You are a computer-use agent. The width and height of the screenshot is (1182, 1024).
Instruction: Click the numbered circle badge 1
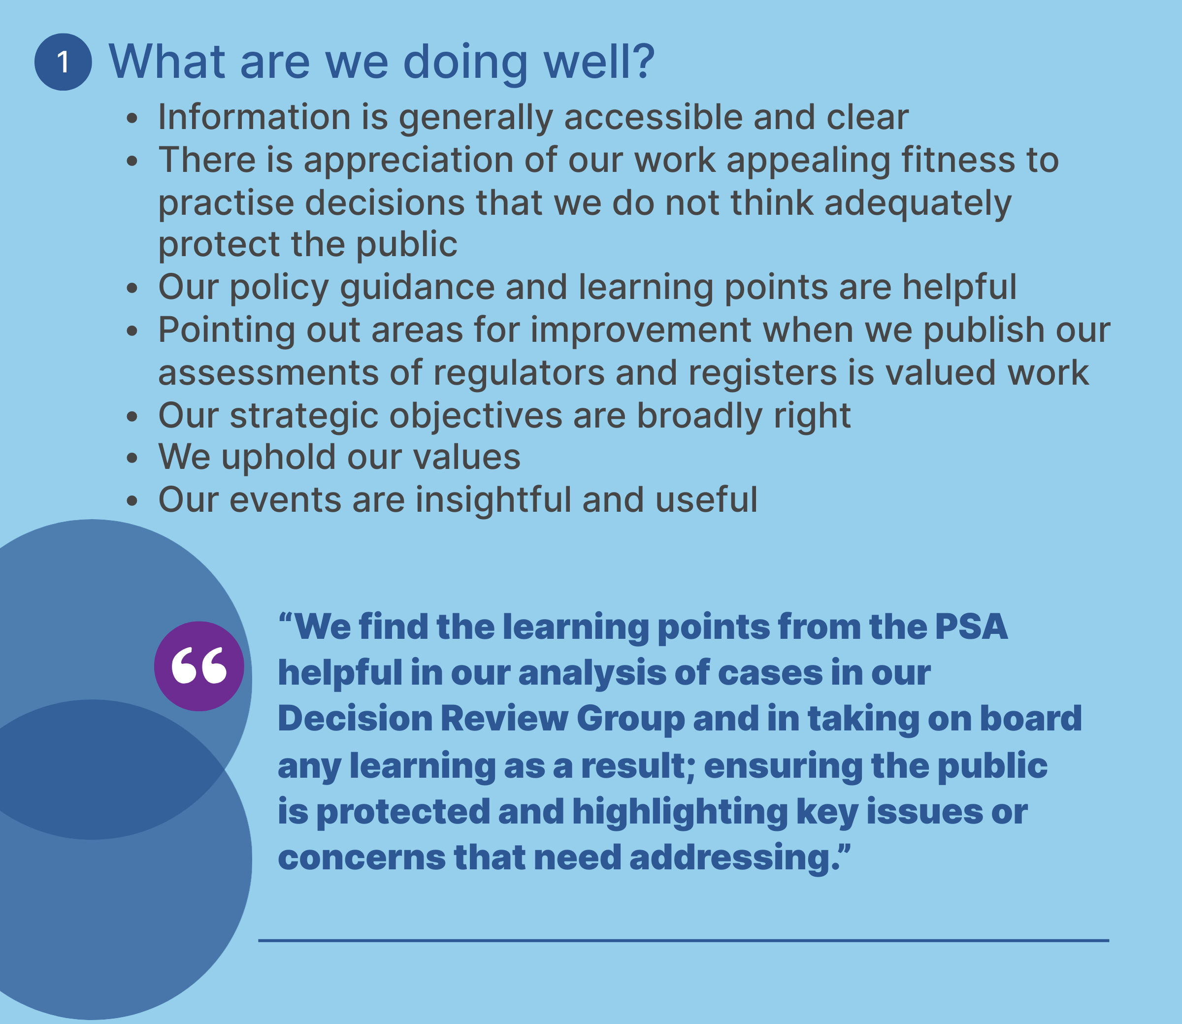click(x=63, y=62)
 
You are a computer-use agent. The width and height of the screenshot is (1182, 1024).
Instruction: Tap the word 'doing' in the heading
click(x=465, y=63)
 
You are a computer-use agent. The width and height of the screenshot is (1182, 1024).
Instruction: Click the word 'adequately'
click(x=918, y=203)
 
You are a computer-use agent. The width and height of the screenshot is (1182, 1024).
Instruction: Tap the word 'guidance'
click(x=418, y=288)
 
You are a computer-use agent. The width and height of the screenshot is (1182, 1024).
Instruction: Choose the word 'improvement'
click(x=641, y=330)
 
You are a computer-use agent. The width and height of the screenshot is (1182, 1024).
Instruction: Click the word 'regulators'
click(x=519, y=373)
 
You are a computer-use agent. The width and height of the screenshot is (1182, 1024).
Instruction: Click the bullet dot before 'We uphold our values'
click(x=132, y=458)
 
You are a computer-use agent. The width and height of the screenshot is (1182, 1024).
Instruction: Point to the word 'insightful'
click(x=493, y=499)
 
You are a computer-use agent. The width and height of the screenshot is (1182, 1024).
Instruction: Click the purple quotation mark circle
click(x=199, y=666)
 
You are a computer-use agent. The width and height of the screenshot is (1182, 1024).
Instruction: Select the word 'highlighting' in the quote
click(x=680, y=812)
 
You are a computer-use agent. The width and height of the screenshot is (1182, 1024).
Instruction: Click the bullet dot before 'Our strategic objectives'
click(x=132, y=417)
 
